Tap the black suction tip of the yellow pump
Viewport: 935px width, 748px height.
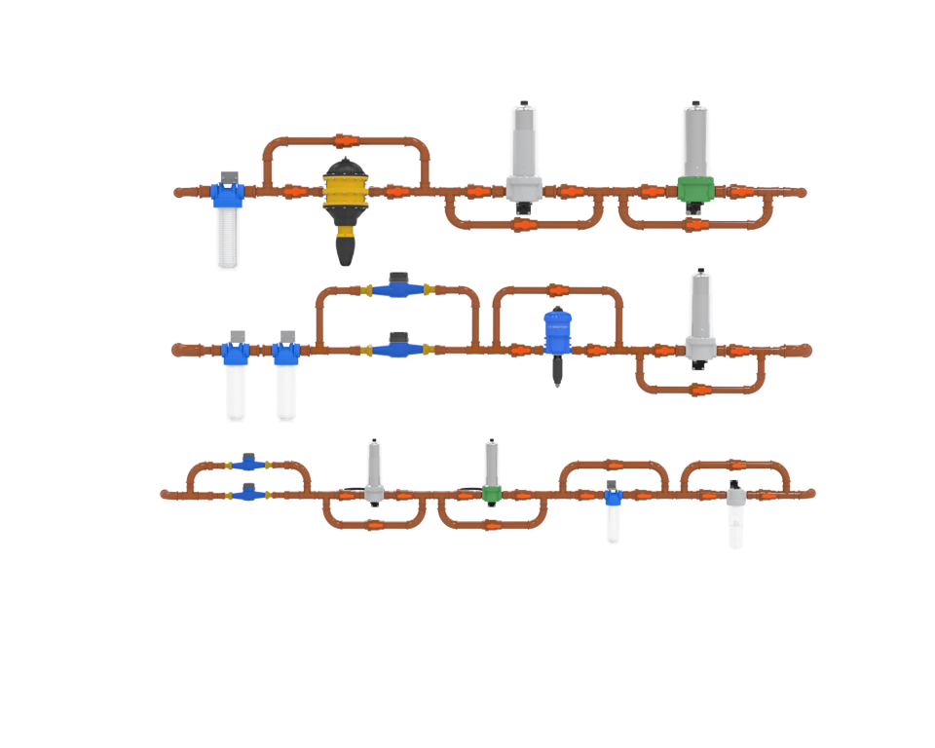346,250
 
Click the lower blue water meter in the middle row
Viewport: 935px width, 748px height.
397,348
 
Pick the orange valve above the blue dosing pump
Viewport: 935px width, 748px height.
555,289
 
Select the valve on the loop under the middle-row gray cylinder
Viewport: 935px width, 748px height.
698,390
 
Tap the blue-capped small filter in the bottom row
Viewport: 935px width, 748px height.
612,511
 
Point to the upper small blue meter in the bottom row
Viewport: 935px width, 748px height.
249,465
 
